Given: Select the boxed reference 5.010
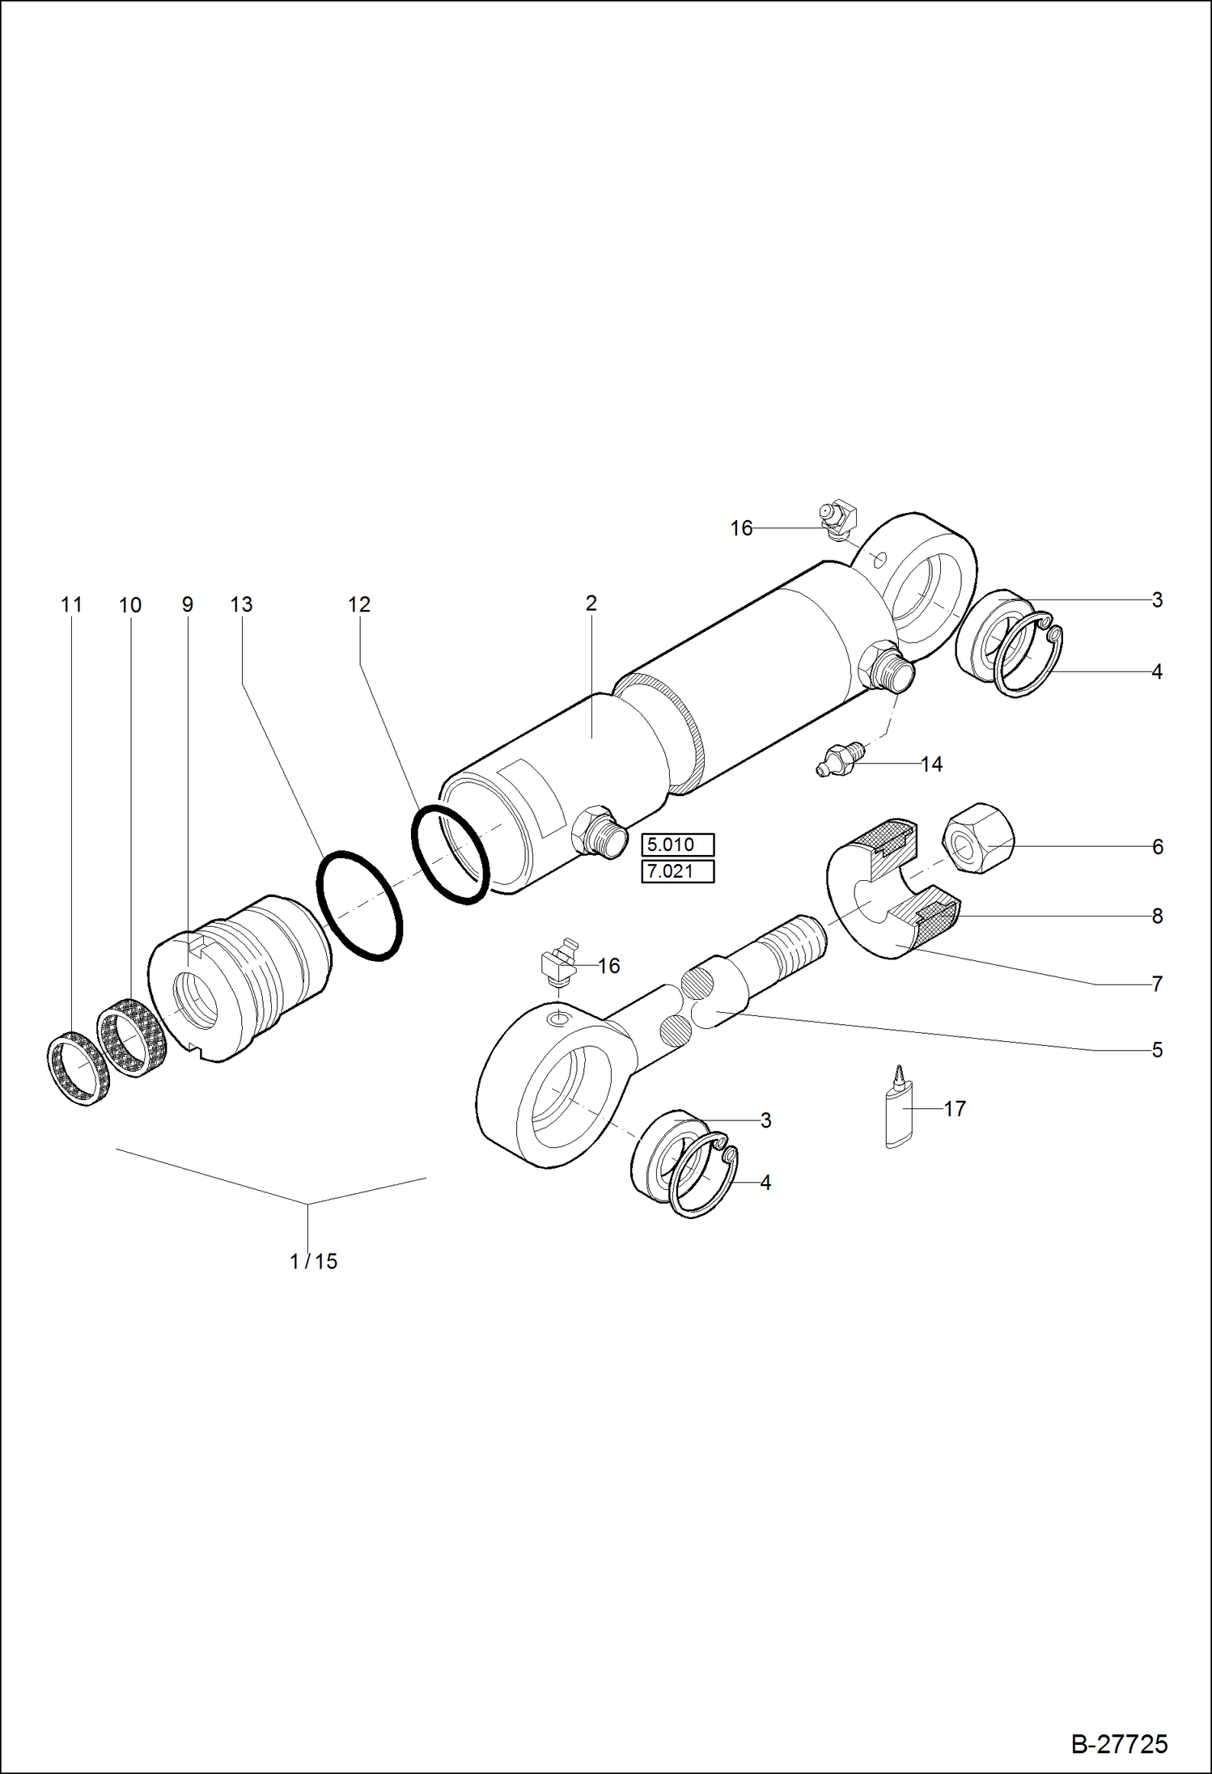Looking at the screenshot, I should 677,845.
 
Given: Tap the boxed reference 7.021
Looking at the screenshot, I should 677,872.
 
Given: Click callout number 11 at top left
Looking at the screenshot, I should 71,605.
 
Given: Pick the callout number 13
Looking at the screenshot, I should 241,605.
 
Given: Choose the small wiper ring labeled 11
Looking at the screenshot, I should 77,1069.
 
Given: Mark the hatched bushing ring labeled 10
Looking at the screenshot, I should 131,1038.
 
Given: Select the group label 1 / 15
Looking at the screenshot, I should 314,1261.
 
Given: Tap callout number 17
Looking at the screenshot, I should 955,1109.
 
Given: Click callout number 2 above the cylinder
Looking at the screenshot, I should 591,603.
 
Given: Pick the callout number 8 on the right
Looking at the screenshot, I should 1157,916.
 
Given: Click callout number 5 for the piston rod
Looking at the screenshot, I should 1157,1050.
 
